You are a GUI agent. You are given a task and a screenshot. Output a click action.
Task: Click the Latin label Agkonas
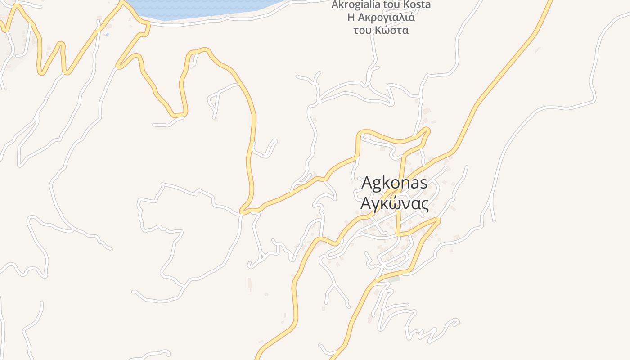(394, 183)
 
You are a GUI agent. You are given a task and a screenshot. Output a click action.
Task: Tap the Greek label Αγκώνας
(394, 204)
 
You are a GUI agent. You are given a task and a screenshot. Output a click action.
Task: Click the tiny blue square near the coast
(107, 34)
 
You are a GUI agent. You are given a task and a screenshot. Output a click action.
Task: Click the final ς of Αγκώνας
(424, 205)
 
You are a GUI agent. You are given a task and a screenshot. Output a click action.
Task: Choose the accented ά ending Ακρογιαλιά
(411, 18)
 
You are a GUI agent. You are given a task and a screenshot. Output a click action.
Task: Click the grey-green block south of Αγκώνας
(393, 279)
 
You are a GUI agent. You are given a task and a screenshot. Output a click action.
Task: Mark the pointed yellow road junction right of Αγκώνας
(438, 220)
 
